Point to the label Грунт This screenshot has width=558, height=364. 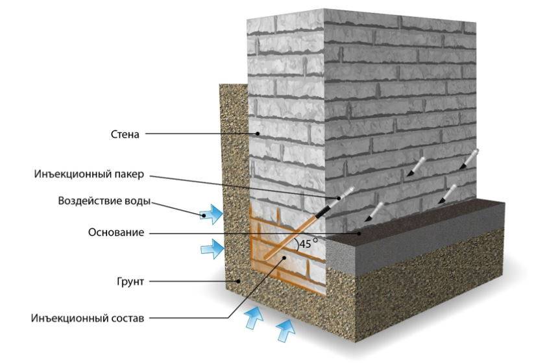pyautogui.click(x=130, y=282)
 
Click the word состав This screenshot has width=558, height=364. pyautogui.click(x=126, y=318)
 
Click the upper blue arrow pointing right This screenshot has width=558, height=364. pyautogui.click(x=211, y=214)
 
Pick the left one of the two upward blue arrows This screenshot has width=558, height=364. pyautogui.click(x=254, y=319)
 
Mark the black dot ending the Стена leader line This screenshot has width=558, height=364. pyautogui.click(x=258, y=134)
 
